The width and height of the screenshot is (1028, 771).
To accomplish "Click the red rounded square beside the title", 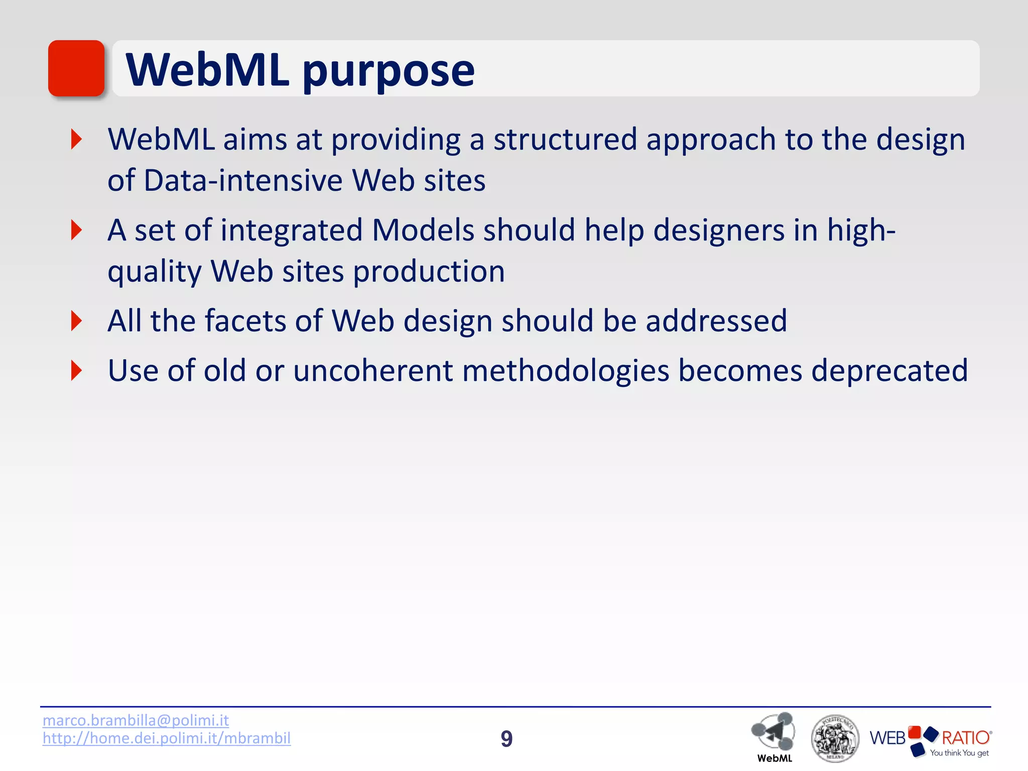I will pyautogui.click(x=76, y=68).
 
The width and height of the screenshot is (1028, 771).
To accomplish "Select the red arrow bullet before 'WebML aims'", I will pyautogui.click(x=76, y=139).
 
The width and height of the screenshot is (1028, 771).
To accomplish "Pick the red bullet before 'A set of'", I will pyautogui.click(x=76, y=230).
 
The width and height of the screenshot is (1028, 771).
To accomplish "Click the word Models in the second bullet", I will pyautogui.click(x=423, y=230).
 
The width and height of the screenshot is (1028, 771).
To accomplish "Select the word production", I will pyautogui.click(x=429, y=272).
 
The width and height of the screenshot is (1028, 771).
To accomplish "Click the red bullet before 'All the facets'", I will pyautogui.click(x=76, y=321).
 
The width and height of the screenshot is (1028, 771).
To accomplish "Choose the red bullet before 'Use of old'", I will pyautogui.click(x=76, y=370).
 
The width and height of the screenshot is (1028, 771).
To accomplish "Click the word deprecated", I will pyautogui.click(x=889, y=371).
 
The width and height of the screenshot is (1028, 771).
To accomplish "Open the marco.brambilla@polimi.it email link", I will pyautogui.click(x=136, y=720).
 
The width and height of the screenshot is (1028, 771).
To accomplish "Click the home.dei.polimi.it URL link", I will pyautogui.click(x=166, y=738).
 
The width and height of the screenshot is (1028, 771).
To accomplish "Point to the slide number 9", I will pyautogui.click(x=506, y=739).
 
